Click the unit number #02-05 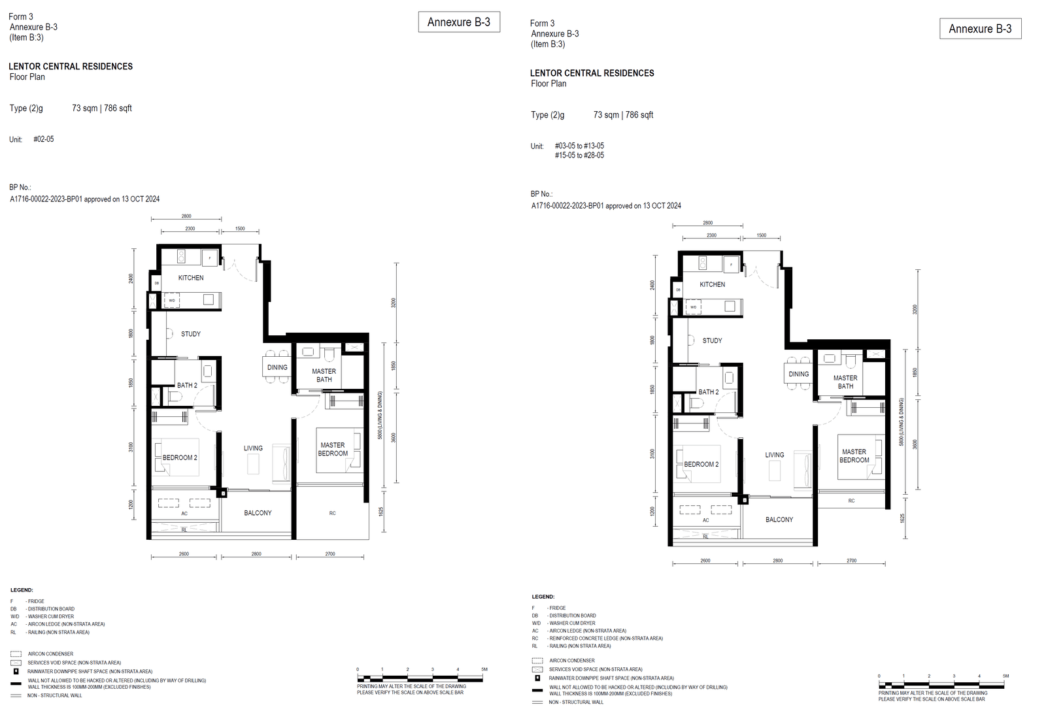coord(44,139)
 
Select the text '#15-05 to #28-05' coord(579,156)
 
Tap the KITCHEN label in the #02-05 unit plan coord(191,278)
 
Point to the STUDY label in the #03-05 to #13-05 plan coord(712,340)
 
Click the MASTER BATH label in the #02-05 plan coord(324,375)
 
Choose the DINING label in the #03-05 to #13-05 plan coord(798,374)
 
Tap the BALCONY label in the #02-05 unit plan coord(258,513)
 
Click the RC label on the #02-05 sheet coord(332,513)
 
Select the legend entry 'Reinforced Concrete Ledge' coord(605,638)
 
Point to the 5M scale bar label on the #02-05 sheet coord(484,669)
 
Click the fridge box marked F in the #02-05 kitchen coord(210,258)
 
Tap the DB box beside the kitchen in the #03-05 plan coord(678,290)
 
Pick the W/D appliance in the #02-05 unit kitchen coord(172,301)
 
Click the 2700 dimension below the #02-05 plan coord(330,554)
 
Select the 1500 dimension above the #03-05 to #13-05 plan coord(762,235)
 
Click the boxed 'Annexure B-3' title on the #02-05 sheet coord(459,22)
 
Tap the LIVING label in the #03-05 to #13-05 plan coord(775,455)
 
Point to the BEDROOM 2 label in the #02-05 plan coord(180,457)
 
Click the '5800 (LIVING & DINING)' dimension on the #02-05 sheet coord(380,415)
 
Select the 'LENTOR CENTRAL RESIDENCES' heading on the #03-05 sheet coord(592,73)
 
